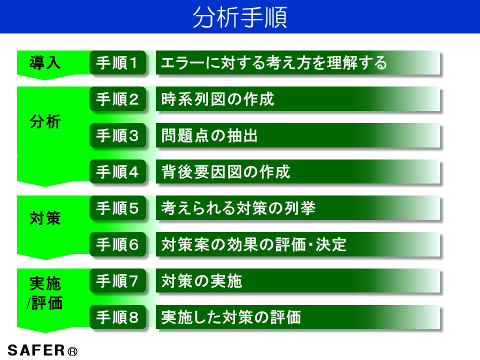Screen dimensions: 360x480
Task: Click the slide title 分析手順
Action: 240,17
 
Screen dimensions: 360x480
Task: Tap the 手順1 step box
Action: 117,63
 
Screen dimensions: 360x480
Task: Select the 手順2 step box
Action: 117,99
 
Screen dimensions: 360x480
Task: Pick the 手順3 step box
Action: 117,135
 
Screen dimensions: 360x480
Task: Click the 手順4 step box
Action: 117,172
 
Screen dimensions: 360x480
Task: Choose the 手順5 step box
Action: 117,208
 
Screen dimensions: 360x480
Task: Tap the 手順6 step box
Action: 117,244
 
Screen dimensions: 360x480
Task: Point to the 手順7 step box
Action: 117,281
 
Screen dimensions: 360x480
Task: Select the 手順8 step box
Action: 117,317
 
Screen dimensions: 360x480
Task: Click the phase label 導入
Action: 45,62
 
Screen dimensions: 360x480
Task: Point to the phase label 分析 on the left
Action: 45,121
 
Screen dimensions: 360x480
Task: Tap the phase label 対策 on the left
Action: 45,218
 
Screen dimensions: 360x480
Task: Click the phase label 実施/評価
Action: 45,293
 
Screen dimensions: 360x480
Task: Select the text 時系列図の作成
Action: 218,99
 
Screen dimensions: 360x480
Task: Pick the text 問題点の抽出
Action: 210,135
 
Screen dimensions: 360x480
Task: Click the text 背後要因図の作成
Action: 226,172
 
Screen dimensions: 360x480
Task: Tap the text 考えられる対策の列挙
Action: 238,208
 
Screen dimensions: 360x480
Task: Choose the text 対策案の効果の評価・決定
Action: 254,244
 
